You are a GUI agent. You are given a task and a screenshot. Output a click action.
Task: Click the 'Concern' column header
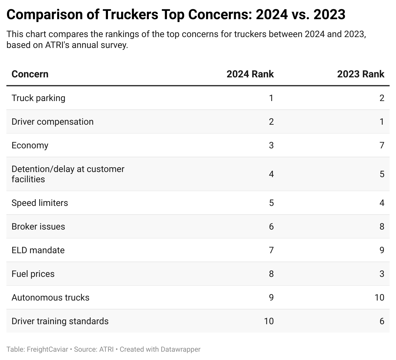pos(30,74)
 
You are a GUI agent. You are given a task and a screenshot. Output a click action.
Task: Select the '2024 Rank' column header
pos(250,74)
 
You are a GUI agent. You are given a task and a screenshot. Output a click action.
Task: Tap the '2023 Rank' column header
pos(361,74)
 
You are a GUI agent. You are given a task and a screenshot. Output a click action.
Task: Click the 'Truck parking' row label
pos(38,98)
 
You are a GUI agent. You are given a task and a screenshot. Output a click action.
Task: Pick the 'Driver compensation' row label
pos(52,122)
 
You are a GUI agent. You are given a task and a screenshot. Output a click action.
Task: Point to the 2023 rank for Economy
pos(382,145)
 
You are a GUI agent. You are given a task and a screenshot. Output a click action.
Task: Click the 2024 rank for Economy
pos(271,145)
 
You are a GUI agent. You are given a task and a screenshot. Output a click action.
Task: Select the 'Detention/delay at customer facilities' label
pos(68,174)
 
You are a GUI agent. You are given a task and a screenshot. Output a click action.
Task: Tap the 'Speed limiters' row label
pos(40,203)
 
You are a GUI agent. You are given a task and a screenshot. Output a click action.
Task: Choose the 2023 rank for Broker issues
pos(382,227)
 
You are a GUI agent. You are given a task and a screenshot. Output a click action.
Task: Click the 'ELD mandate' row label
pos(38,250)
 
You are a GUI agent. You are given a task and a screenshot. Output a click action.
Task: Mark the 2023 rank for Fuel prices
pos(382,274)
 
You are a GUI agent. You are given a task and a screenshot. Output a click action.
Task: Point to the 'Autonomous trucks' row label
pos(50,298)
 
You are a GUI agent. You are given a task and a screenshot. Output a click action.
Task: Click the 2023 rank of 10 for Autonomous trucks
pos(379,298)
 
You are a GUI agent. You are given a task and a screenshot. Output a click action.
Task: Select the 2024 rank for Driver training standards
pos(269,321)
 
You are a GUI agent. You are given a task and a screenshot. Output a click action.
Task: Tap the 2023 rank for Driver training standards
pos(382,321)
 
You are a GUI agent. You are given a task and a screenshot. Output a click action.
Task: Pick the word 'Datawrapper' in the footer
pos(180,349)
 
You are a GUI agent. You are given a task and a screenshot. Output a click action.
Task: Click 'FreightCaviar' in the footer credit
pos(47,349)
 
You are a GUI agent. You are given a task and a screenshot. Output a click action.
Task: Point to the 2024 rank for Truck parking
pos(271,98)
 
